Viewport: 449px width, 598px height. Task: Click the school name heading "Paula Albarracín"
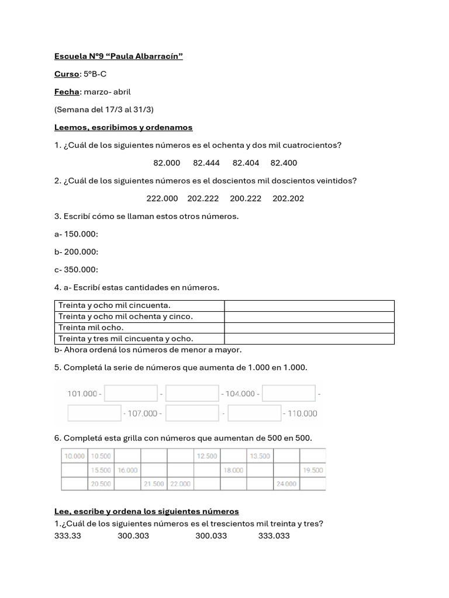tap(118, 56)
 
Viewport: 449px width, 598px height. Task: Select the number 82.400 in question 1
tap(284, 163)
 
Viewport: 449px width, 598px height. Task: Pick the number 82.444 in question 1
tap(206, 163)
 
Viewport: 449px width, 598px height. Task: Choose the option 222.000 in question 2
tap(162, 199)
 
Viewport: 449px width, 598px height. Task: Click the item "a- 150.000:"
tap(76, 234)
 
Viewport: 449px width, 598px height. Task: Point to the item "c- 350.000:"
tap(76, 270)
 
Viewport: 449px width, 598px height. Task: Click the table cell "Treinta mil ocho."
tap(91, 328)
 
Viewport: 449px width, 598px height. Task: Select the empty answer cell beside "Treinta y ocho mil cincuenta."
tap(309, 305)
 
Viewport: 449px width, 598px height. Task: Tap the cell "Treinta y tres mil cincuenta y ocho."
tap(125, 339)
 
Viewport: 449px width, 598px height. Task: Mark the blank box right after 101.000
tap(131, 394)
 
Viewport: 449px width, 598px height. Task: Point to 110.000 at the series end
tap(302, 413)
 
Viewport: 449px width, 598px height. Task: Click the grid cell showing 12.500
tap(207, 456)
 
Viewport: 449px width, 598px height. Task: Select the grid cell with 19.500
tap(313, 470)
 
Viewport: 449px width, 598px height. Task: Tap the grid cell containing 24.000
tap(286, 484)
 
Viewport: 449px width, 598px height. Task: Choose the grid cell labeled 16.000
tap(127, 470)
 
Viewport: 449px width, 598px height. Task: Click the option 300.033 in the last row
tap(210, 536)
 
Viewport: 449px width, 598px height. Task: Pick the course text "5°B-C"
tap(95, 74)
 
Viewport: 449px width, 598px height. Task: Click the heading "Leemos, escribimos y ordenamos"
tap(123, 127)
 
